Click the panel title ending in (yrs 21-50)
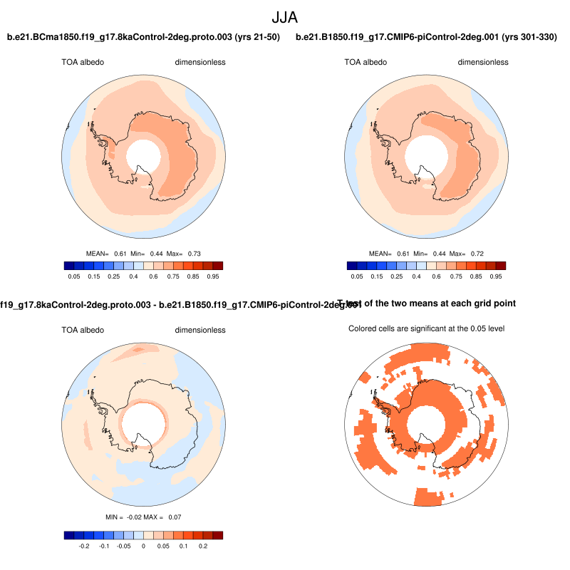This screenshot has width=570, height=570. [x=143, y=37]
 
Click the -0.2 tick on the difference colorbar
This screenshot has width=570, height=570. [x=83, y=546]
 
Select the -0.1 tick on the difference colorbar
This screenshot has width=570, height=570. [x=103, y=546]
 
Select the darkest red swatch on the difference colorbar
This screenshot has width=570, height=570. [x=218, y=535]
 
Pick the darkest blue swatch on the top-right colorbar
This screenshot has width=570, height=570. [x=353, y=265]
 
